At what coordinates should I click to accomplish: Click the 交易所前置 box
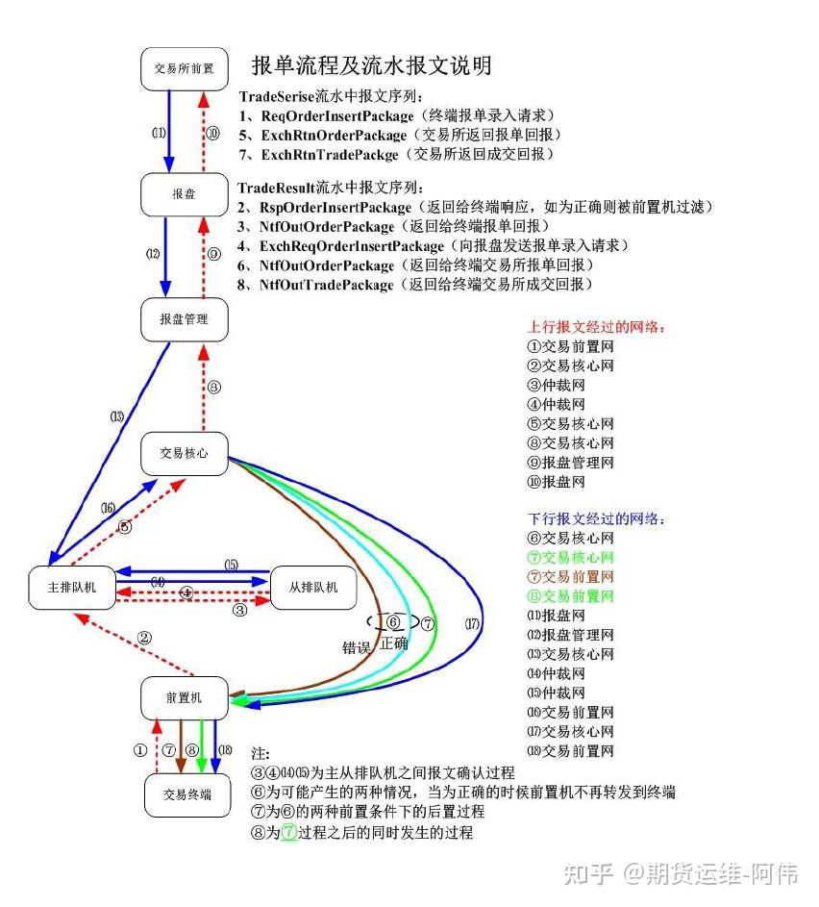click(x=184, y=69)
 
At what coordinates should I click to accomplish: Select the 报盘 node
click(x=184, y=193)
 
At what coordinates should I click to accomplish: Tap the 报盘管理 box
click(x=184, y=318)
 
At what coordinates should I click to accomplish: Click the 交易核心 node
click(x=184, y=452)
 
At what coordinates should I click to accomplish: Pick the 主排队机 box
click(x=72, y=587)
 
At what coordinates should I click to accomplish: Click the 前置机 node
click(x=184, y=697)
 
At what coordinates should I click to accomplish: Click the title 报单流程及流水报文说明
click(x=372, y=66)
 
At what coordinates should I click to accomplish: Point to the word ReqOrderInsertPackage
click(x=331, y=116)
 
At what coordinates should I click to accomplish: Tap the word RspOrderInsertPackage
click(x=332, y=208)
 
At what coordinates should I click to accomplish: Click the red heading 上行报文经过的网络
click(x=596, y=327)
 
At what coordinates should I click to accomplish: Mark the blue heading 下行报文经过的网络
click(x=596, y=519)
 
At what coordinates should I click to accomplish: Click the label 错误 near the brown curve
click(x=358, y=646)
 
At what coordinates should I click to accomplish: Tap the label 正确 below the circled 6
click(x=394, y=642)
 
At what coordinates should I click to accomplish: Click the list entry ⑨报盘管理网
click(x=570, y=463)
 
